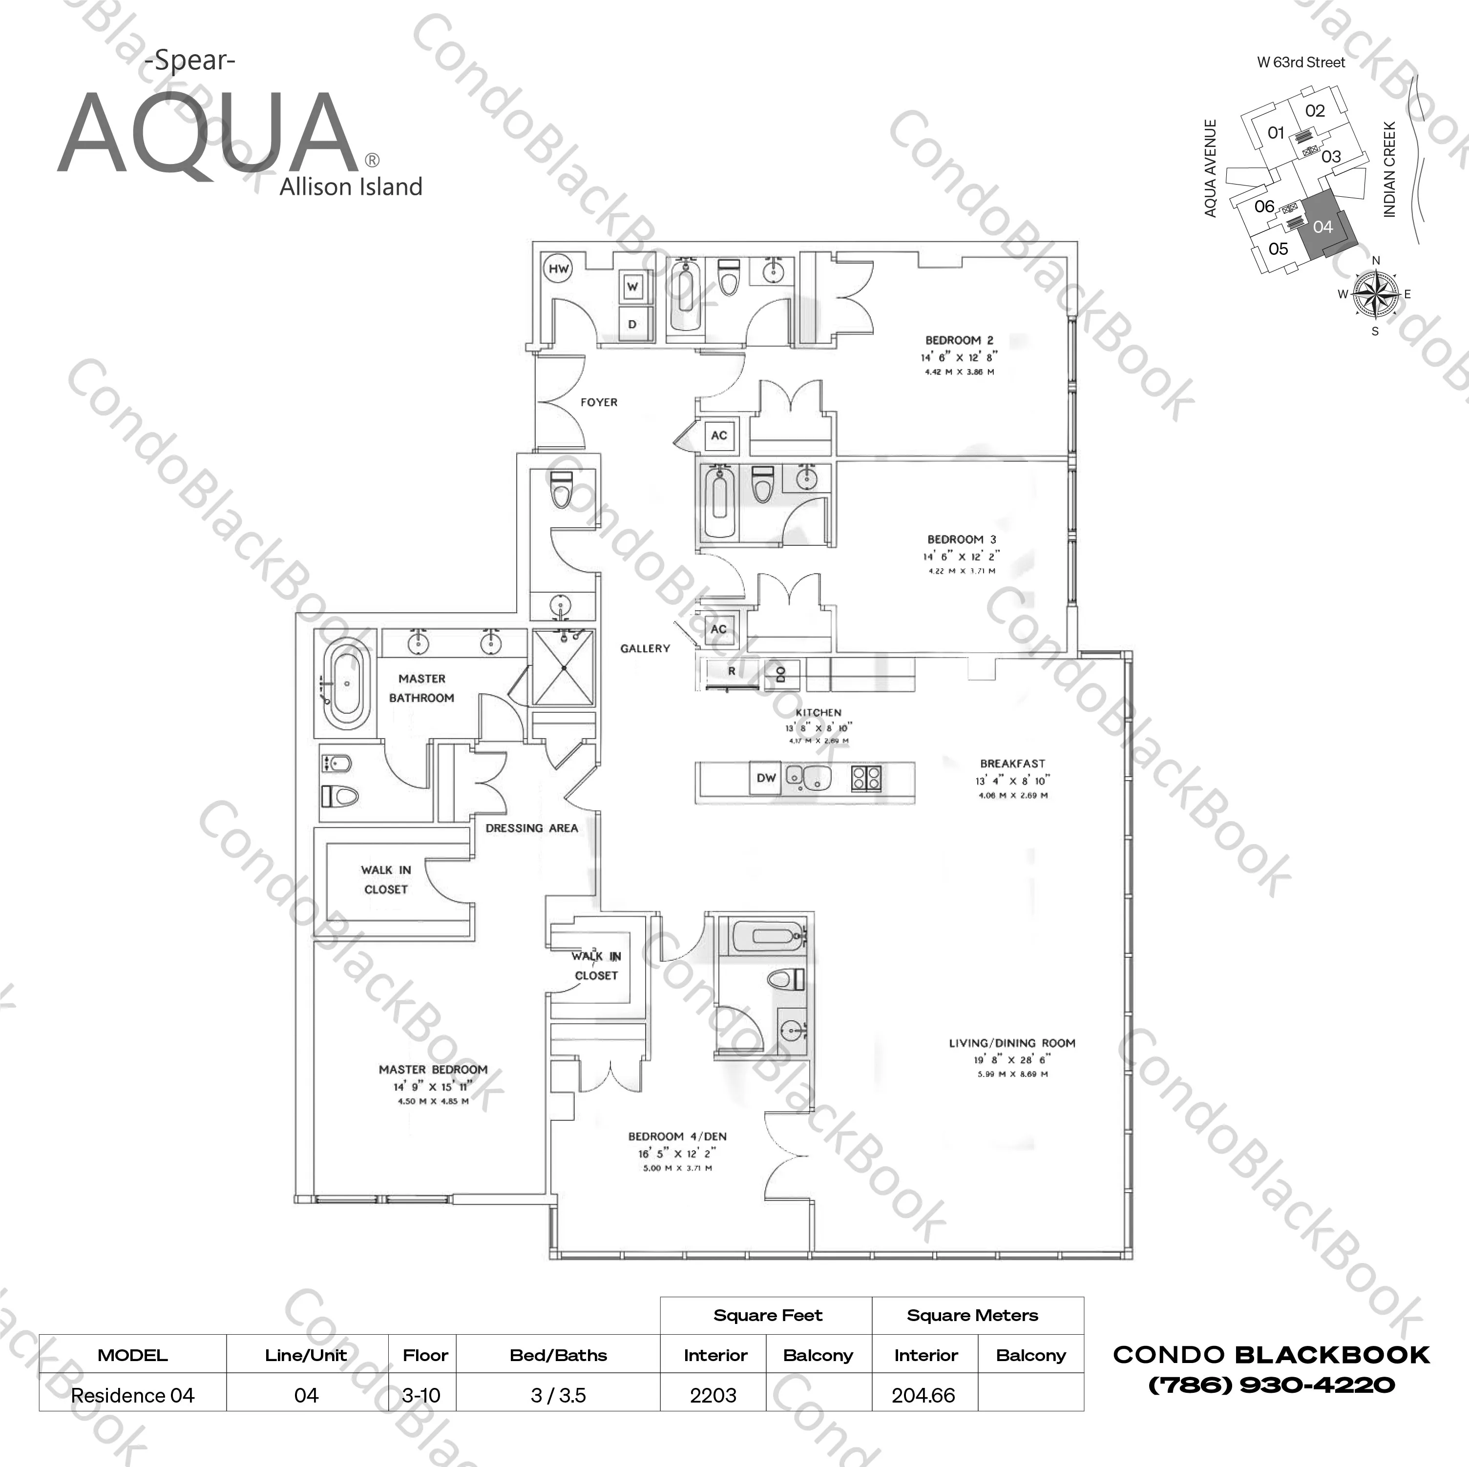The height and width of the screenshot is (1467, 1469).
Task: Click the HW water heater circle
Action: (x=559, y=269)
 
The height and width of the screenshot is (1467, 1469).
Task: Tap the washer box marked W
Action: (x=632, y=288)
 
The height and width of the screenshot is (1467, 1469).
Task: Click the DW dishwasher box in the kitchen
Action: (x=766, y=778)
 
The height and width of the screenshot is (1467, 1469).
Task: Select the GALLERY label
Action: (x=645, y=648)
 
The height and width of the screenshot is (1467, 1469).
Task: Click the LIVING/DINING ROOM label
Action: (x=1012, y=1043)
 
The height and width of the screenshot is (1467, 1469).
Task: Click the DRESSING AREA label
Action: (x=531, y=828)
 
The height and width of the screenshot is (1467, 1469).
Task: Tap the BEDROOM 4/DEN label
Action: (x=677, y=1136)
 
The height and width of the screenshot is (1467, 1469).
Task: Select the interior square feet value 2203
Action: (x=713, y=1396)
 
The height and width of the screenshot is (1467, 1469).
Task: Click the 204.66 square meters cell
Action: (x=924, y=1396)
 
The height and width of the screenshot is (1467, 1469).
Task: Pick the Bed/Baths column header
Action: (x=558, y=1355)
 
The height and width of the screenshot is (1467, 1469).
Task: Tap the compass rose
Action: (x=1375, y=295)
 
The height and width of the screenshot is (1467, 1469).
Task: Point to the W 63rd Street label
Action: (x=1301, y=62)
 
